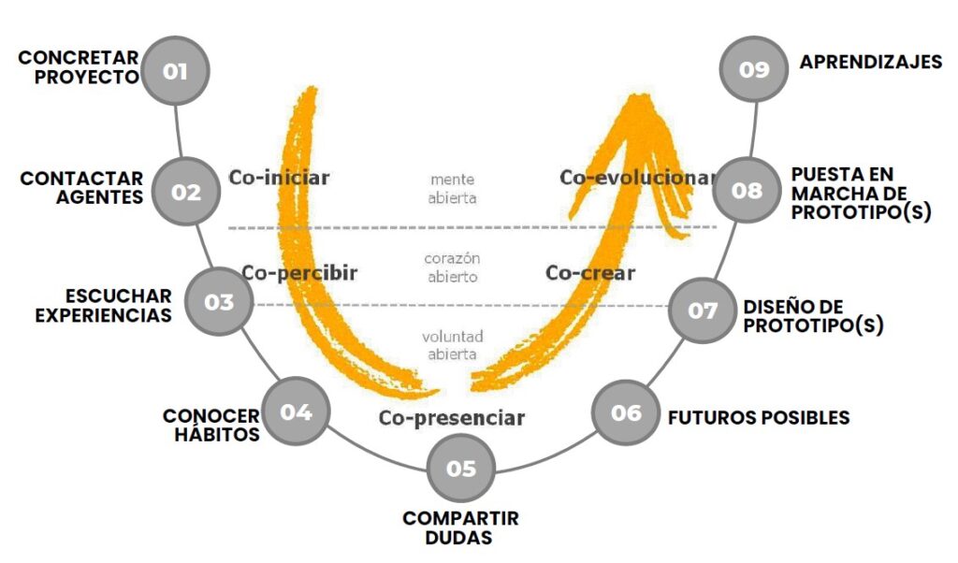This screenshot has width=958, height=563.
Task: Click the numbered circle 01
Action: tap(176, 70)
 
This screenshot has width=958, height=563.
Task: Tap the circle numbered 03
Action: tap(219, 302)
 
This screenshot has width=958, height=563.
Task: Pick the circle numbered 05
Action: tap(460, 468)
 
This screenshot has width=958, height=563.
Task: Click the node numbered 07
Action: tap(703, 310)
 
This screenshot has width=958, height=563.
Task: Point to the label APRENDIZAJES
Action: tap(870, 63)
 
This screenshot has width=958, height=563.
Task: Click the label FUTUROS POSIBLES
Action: tap(759, 417)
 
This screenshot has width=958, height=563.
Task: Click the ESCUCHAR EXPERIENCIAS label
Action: tap(103, 305)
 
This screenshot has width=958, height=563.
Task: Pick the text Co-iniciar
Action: tap(280, 177)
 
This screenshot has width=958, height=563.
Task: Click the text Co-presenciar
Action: tap(451, 418)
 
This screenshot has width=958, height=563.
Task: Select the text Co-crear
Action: tap(590, 273)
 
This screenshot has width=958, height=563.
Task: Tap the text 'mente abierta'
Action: tap(454, 188)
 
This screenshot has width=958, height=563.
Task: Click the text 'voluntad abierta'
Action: tap(454, 345)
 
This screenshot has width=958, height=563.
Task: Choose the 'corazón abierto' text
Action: tap(454, 267)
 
